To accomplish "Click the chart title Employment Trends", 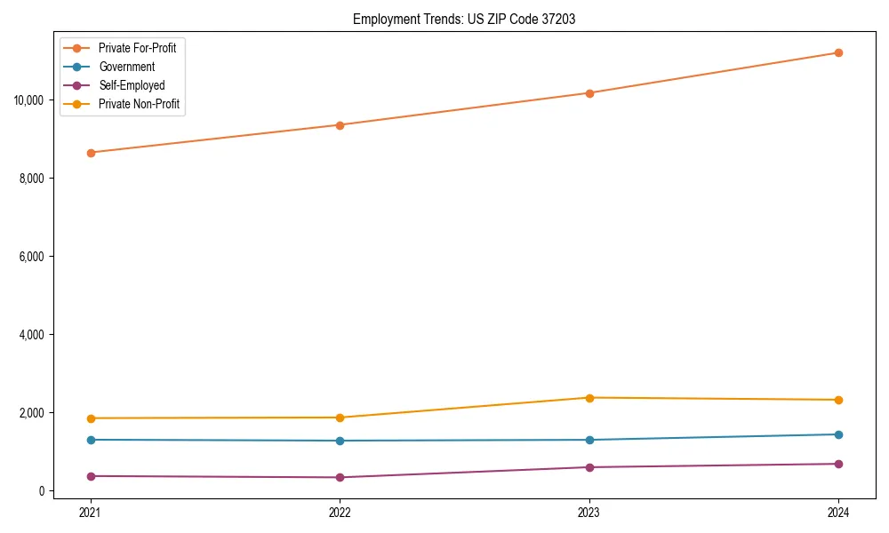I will pyautogui.click(x=463, y=19).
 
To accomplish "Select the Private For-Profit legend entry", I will pyautogui.click(x=137, y=48).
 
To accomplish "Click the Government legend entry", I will pyautogui.click(x=126, y=67).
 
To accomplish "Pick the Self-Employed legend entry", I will pyautogui.click(x=132, y=86).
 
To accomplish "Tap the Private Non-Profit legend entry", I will pyautogui.click(x=139, y=105).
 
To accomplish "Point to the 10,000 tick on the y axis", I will pyautogui.click(x=29, y=99).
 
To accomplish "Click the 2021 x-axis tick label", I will pyautogui.click(x=90, y=513).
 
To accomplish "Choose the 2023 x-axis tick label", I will pyautogui.click(x=589, y=513).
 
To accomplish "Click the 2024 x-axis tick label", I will pyautogui.click(x=838, y=513).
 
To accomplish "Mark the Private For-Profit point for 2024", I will pyautogui.click(x=838, y=52).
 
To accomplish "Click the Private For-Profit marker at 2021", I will pyautogui.click(x=90, y=153).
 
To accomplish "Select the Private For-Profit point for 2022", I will pyautogui.click(x=340, y=125).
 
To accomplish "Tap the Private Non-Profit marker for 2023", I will pyautogui.click(x=589, y=398).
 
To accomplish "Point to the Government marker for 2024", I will pyautogui.click(x=838, y=434).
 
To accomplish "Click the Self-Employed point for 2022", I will pyautogui.click(x=340, y=478).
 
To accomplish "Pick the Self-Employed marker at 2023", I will pyautogui.click(x=589, y=467).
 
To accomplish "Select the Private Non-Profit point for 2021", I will pyautogui.click(x=90, y=418).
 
